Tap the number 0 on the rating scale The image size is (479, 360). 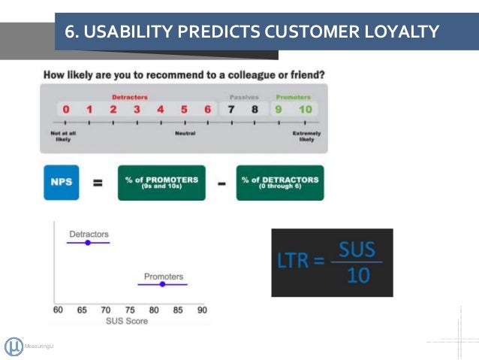click(x=66, y=110)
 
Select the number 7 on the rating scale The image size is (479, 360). click(x=232, y=110)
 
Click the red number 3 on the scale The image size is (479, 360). click(x=137, y=110)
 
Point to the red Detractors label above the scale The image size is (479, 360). click(x=130, y=97)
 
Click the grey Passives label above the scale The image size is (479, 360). click(x=243, y=97)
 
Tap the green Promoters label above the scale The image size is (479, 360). click(x=293, y=97)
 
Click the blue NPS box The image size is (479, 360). click(x=61, y=183)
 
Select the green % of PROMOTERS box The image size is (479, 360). click(x=161, y=183)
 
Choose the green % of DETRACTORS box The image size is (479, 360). click(x=280, y=183)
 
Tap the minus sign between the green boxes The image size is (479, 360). click(x=221, y=183)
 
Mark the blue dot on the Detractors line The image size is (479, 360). click(x=88, y=243)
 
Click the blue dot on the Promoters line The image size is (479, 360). click(x=164, y=284)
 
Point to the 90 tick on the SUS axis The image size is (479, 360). click(x=201, y=309)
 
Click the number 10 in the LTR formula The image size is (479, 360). click(x=358, y=275)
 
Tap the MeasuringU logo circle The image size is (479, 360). click(x=14, y=346)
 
